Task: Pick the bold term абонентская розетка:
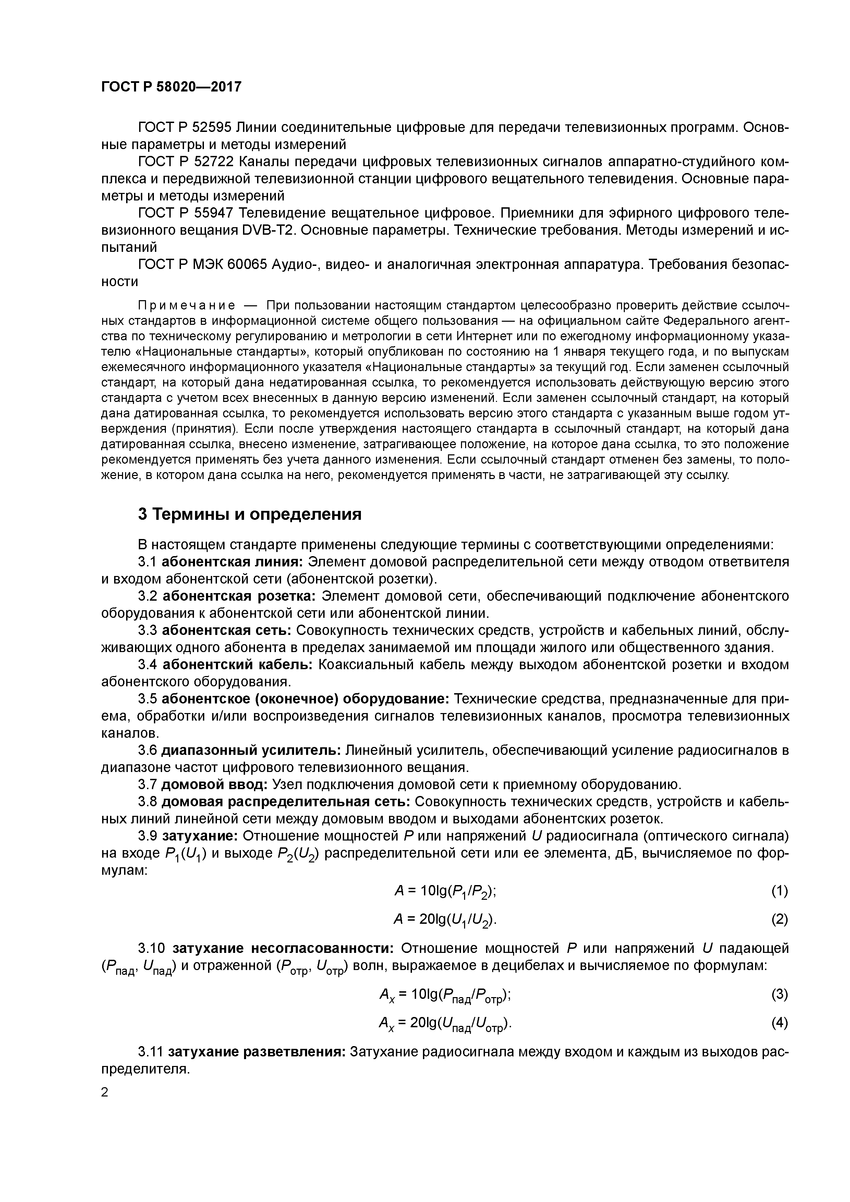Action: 239,596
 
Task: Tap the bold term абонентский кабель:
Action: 237,664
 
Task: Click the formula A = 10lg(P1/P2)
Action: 445,891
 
